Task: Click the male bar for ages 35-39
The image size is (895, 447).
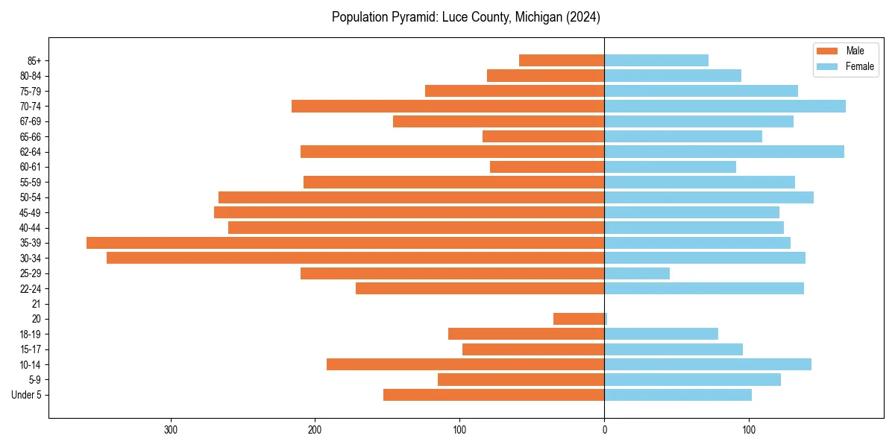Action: (x=345, y=243)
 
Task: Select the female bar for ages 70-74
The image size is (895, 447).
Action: (x=725, y=106)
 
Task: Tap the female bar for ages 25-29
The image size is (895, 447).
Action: (x=637, y=273)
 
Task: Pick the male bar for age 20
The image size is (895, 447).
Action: (x=579, y=319)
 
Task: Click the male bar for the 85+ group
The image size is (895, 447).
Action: (x=562, y=60)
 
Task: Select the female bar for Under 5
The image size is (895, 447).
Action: (x=678, y=395)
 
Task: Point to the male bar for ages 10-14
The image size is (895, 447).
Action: (x=465, y=364)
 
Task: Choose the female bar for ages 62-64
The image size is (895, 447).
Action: (x=724, y=152)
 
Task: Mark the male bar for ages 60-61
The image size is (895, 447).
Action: (x=547, y=167)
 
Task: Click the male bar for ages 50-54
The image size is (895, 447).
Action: (x=411, y=197)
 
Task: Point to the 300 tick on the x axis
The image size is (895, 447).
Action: (x=171, y=430)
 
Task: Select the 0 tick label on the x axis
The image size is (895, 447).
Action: (x=604, y=430)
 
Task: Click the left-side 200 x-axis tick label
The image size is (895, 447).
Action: (x=315, y=430)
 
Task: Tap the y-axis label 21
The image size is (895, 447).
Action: (x=36, y=304)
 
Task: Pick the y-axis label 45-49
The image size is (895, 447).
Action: (x=30, y=212)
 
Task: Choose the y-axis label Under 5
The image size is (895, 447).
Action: (x=26, y=395)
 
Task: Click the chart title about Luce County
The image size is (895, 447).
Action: (x=466, y=16)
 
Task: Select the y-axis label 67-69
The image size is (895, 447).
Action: (x=30, y=121)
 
